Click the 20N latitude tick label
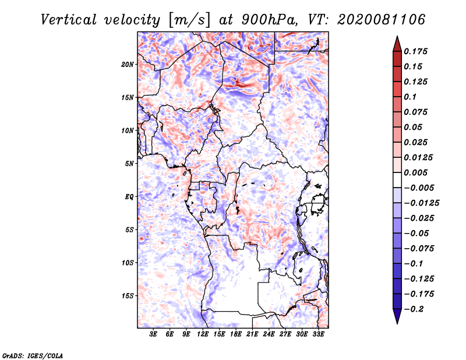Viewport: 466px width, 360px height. tap(127, 65)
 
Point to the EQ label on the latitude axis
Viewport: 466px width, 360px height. tap(129, 197)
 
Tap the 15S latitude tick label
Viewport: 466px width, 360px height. tap(127, 296)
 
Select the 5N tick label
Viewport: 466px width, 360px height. tap(129, 164)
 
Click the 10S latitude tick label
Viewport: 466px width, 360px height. tap(127, 263)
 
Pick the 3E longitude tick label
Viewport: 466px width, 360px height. tap(153, 334)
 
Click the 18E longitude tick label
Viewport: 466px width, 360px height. tap(236, 334)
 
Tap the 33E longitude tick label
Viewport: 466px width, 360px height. tap(318, 334)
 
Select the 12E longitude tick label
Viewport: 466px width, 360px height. tap(203, 334)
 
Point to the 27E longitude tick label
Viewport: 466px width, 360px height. tap(285, 334)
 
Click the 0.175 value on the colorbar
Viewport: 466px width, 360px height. tap(415, 51)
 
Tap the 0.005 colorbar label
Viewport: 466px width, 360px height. tap(415, 172)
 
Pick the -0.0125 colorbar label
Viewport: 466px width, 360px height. tap(422, 203)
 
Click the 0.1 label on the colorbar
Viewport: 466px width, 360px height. tap(410, 97)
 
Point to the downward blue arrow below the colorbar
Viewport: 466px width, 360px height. tap(397, 316)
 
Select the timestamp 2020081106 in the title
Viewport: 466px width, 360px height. tap(382, 20)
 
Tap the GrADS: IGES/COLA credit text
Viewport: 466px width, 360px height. tap(33, 356)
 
